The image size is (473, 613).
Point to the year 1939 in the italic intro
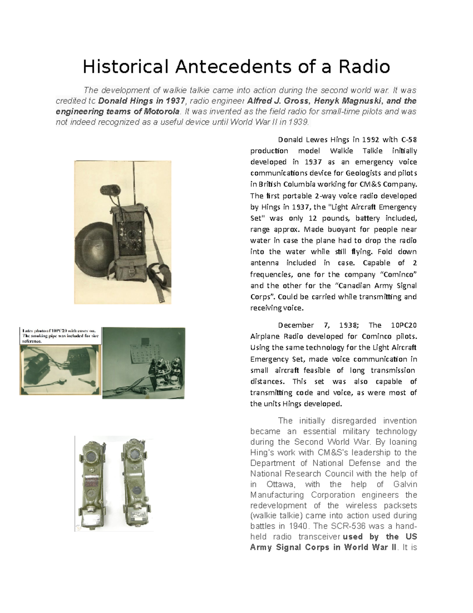point(298,122)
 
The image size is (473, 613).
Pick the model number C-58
point(409,139)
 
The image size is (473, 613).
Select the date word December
point(296,325)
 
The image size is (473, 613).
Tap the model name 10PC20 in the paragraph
point(404,325)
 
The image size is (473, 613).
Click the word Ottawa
point(280,484)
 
